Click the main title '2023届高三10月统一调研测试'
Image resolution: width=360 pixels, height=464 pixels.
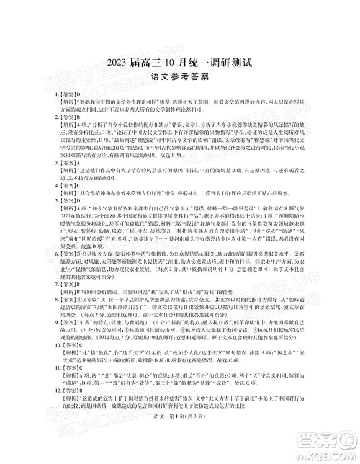179,62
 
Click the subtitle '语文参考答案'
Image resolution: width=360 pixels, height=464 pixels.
179,79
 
